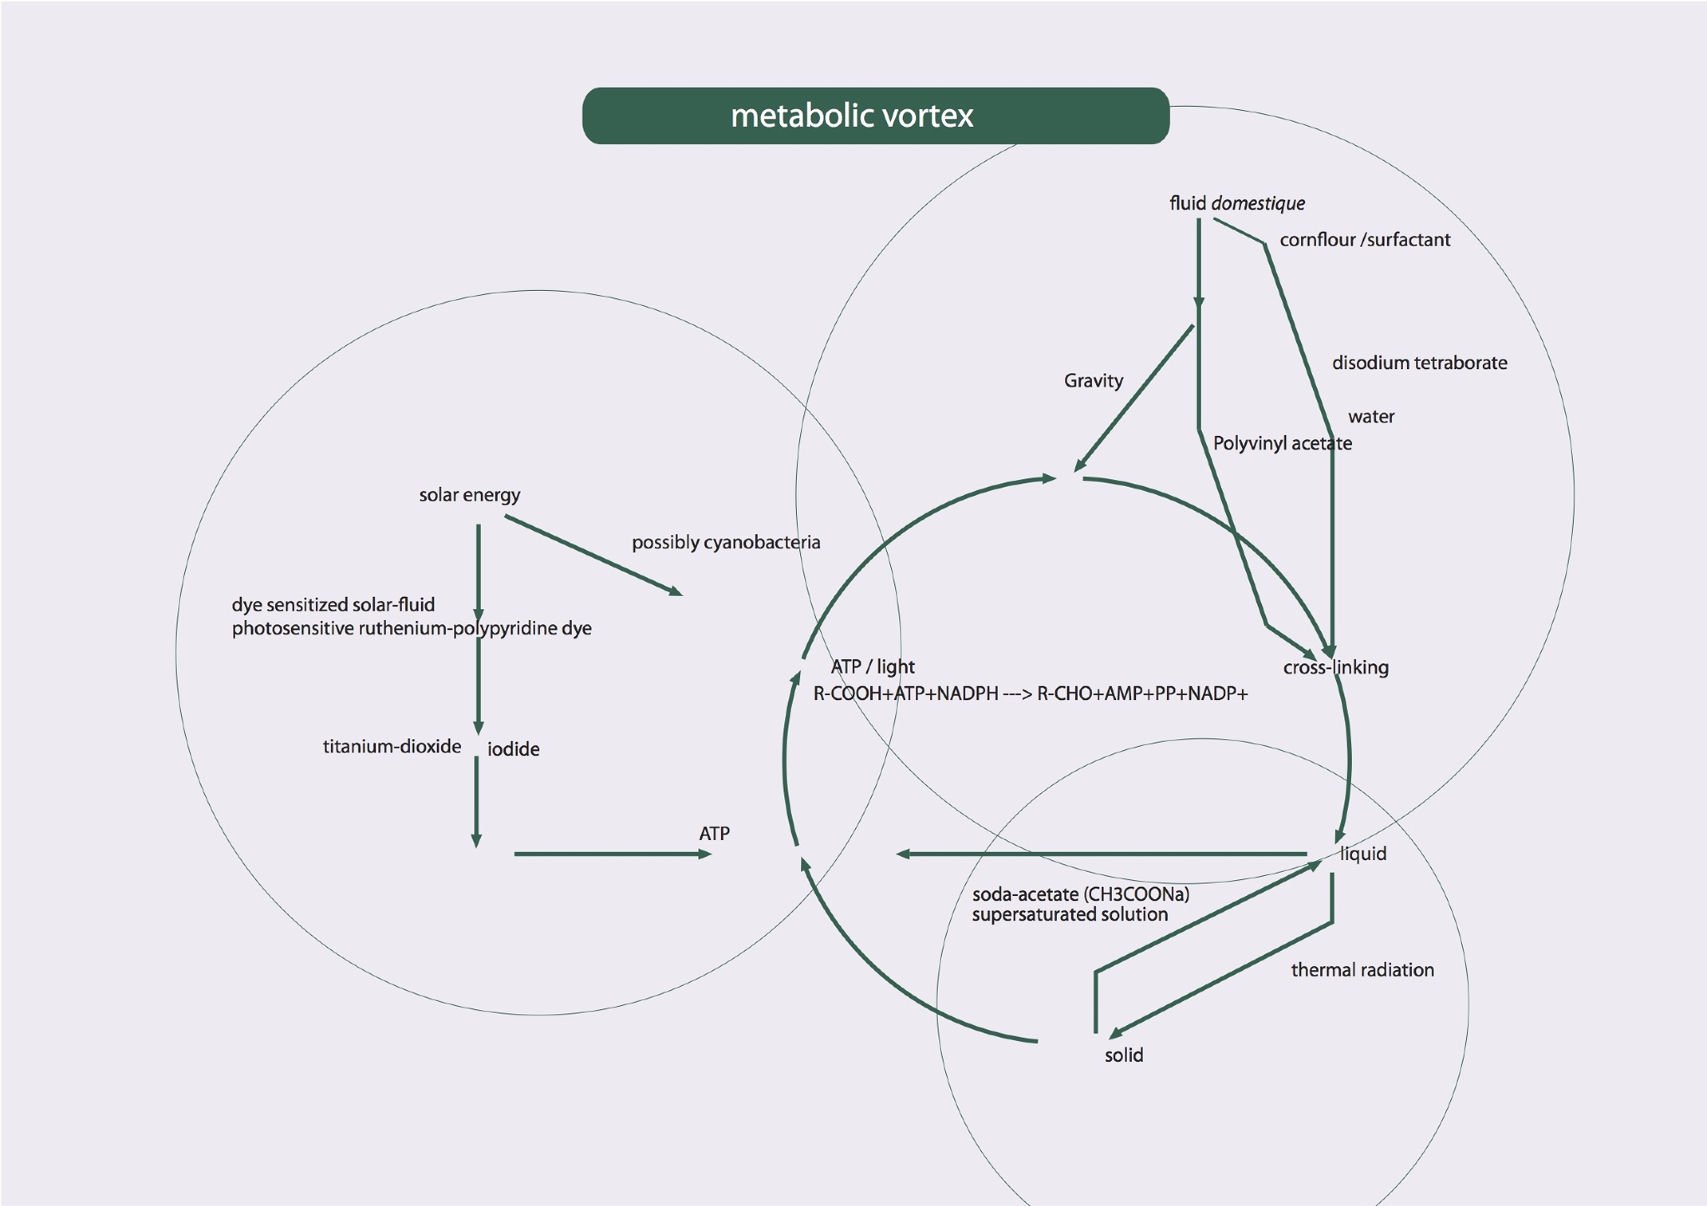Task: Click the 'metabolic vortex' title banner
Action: click(875, 116)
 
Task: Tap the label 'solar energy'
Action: click(469, 495)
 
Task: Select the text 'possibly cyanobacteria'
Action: click(725, 543)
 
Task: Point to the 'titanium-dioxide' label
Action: click(392, 746)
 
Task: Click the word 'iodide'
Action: click(513, 749)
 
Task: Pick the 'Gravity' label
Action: click(1094, 381)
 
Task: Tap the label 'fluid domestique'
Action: click(1237, 203)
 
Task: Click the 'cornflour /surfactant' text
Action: click(1364, 240)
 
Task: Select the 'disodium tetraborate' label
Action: click(1419, 363)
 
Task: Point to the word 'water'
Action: click(1371, 417)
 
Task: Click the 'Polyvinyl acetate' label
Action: click(1282, 443)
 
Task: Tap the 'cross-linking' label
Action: click(1335, 668)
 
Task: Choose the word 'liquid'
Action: click(1363, 853)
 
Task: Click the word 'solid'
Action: click(1124, 1055)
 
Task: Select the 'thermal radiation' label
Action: click(1362, 970)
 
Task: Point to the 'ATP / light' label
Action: click(873, 667)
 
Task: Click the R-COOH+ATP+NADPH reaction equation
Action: click(1030, 693)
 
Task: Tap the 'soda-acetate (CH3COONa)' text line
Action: click(1080, 894)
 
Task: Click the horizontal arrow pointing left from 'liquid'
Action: click(1100, 854)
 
